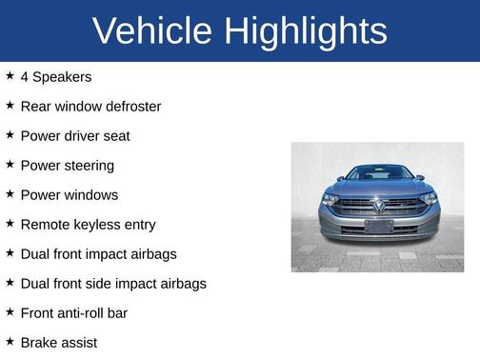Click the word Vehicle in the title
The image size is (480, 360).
click(x=152, y=31)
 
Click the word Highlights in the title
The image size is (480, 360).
click(x=306, y=31)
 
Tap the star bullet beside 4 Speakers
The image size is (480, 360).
click(x=10, y=75)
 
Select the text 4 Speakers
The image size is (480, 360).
click(x=55, y=76)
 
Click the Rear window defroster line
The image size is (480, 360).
click(x=90, y=106)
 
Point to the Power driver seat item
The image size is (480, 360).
click(x=74, y=135)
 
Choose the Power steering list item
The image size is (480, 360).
click(x=67, y=165)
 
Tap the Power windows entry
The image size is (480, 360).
click(x=69, y=194)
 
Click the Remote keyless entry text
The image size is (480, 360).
click(x=88, y=224)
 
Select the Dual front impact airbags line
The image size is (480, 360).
click(x=98, y=253)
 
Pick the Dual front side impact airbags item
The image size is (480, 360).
click(x=112, y=283)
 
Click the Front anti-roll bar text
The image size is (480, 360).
click(x=73, y=312)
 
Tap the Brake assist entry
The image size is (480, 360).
click(x=58, y=342)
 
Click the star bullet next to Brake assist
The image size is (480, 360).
click(x=10, y=341)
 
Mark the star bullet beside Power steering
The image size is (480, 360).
click(x=10, y=164)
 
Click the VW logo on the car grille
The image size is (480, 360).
click(x=378, y=205)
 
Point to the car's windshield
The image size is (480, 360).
click(x=378, y=173)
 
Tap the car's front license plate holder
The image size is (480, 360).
click(x=378, y=226)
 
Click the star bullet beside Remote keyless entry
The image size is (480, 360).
click(x=10, y=223)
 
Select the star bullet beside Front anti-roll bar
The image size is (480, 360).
click(x=10, y=311)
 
